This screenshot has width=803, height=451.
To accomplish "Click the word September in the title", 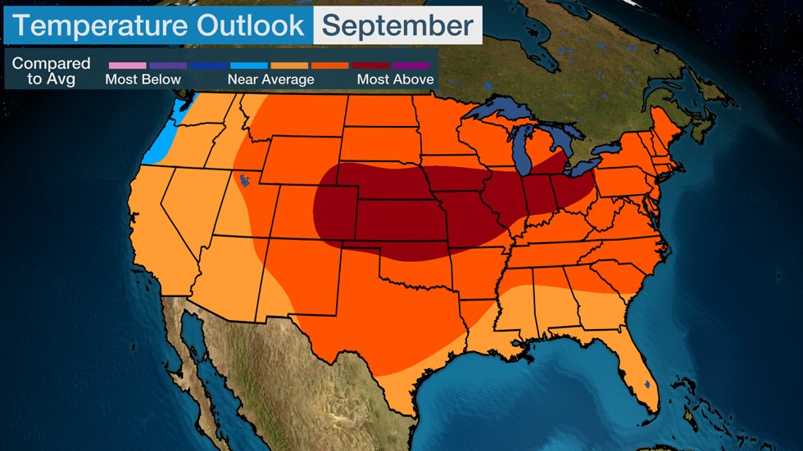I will (x=397, y=25).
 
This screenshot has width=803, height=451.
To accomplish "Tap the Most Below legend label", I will (x=143, y=79).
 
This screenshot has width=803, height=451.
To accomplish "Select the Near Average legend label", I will (x=270, y=79).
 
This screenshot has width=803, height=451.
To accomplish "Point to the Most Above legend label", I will (x=394, y=79).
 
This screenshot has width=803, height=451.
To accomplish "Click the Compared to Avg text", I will (x=51, y=71).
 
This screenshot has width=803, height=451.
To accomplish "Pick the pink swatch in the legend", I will (x=127, y=65).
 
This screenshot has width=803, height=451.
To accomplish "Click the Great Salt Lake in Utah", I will (x=243, y=179).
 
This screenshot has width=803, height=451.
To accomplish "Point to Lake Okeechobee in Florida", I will (x=647, y=383).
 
